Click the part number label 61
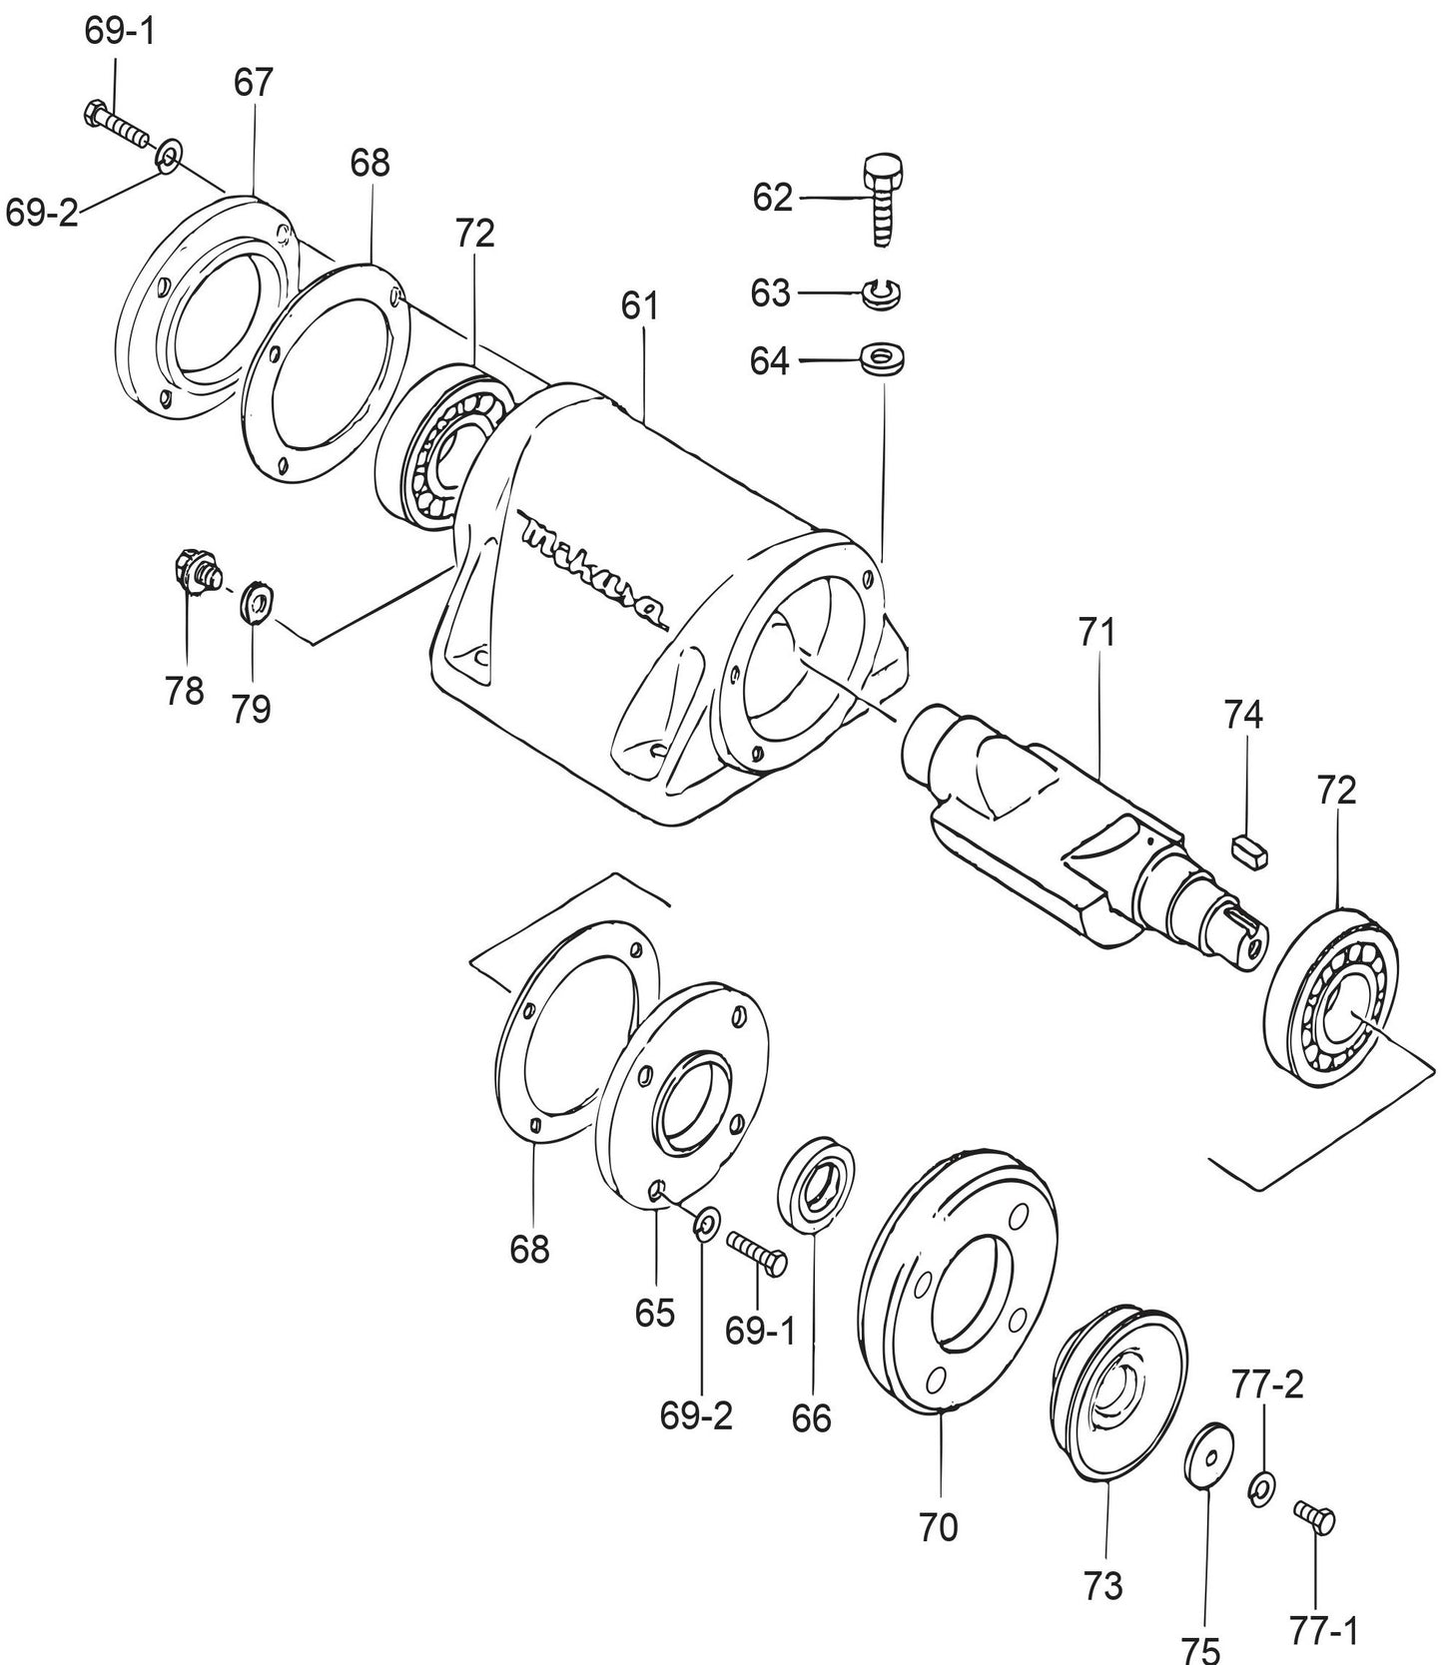640,305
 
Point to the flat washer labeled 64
883,358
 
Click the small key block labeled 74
1248,851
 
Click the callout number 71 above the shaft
1096,633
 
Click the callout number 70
939,1526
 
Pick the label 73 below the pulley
1103,1584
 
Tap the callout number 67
253,82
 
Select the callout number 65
655,1313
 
